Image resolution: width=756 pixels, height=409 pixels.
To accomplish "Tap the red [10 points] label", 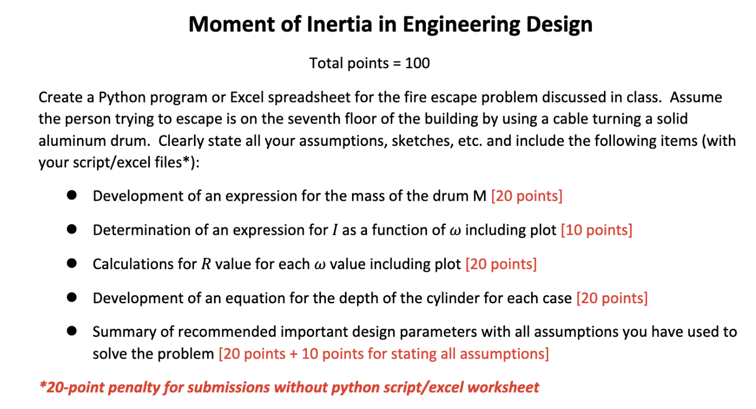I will (x=596, y=230).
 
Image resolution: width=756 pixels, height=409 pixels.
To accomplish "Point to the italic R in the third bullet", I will (x=206, y=264).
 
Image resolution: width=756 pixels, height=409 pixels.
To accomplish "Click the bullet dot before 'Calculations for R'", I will (x=71, y=264).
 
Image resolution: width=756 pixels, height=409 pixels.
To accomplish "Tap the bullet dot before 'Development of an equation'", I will (x=71, y=298).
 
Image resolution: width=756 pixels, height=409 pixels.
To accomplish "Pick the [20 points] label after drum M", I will (x=526, y=196).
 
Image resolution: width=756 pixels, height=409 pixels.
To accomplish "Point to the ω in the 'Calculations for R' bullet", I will (x=320, y=265).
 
